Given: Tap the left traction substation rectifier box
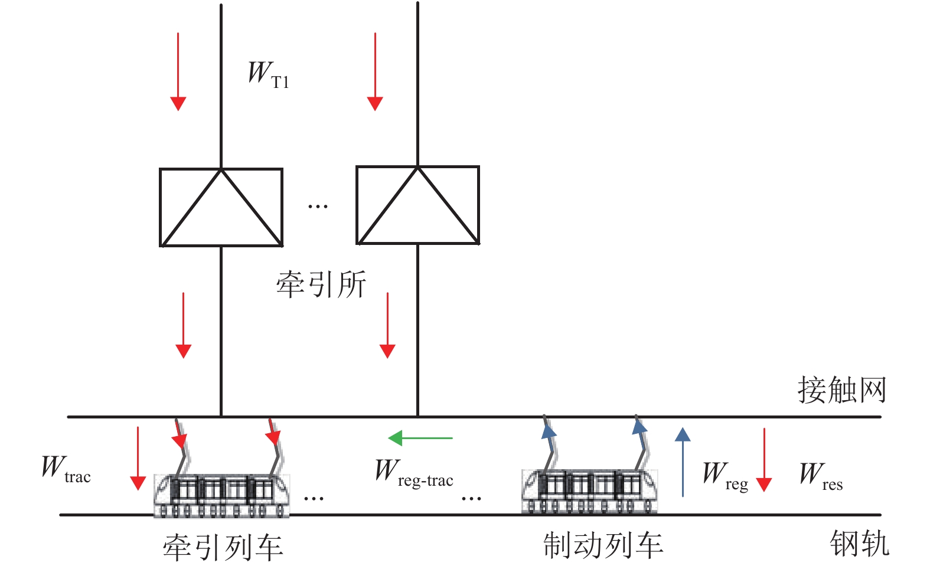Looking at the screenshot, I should (221, 207).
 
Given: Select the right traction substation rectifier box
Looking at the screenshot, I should (417, 205).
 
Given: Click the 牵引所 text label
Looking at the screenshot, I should (321, 284).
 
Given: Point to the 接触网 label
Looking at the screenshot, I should (841, 390).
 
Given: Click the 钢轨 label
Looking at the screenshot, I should (859, 543).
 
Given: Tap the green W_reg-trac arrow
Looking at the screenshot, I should (420, 438).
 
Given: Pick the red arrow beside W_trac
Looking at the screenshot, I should (138, 458).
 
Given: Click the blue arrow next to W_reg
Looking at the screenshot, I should (683, 462).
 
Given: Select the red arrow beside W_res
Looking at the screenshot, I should (764, 460).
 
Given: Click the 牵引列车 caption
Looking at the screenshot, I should (223, 547).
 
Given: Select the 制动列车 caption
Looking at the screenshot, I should (603, 545).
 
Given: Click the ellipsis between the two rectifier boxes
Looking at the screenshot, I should (318, 207).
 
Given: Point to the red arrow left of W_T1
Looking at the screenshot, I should (178, 71).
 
